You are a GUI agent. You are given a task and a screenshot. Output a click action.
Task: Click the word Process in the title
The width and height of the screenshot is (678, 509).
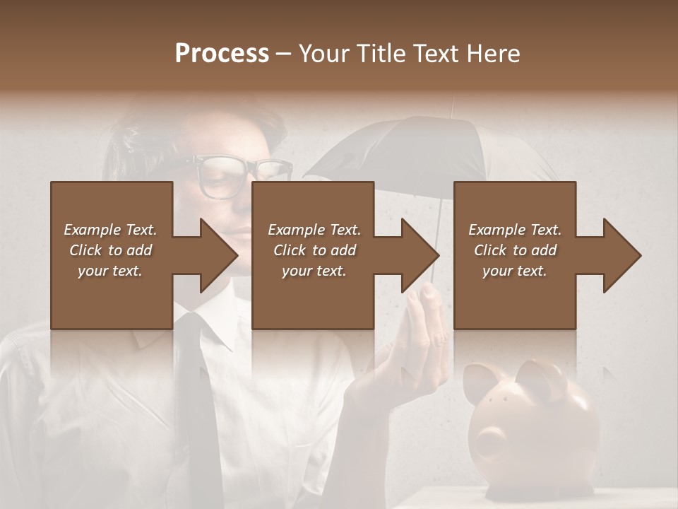[x=222, y=54]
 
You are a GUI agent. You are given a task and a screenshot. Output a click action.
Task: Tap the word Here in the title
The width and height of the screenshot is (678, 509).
[x=492, y=54]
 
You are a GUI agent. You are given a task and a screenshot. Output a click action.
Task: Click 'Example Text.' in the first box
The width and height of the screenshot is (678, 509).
[x=110, y=230]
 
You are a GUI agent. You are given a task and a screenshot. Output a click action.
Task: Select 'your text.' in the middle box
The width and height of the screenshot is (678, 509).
[x=314, y=271]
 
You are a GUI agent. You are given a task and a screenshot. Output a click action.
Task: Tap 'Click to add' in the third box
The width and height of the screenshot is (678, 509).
[x=515, y=250]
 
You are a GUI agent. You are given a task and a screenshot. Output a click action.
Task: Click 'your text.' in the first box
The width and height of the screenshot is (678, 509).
[x=110, y=271]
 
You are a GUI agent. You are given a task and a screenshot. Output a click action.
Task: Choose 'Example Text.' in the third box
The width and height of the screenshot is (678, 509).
[x=515, y=230]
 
